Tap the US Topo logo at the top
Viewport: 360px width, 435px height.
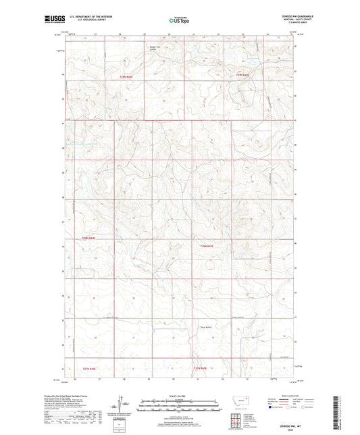click(179, 20)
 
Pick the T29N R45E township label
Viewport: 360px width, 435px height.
click(241, 75)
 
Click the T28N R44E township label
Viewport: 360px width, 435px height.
click(90, 238)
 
